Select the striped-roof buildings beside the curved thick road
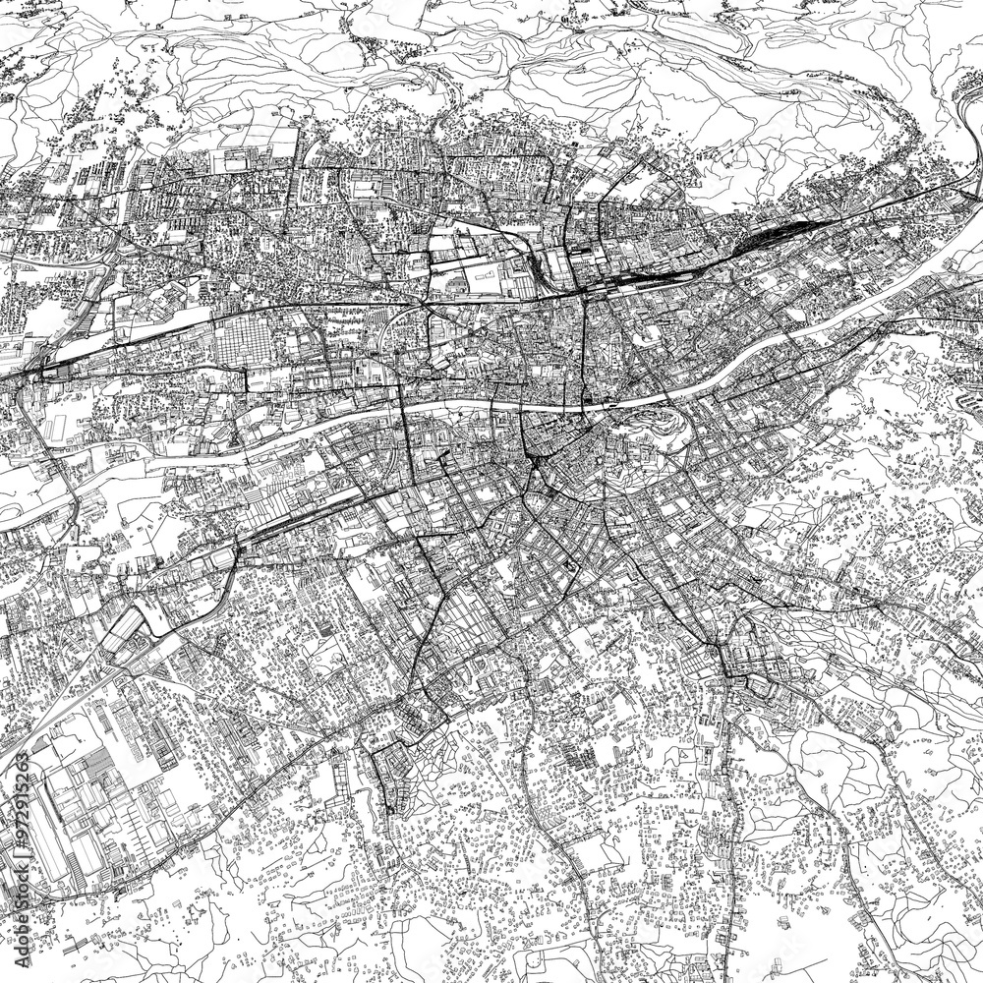pos(133,629)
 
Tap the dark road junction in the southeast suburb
pos(732,668)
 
